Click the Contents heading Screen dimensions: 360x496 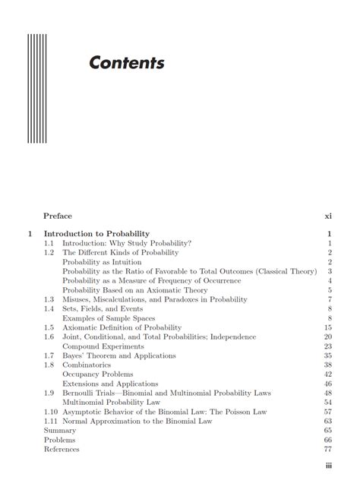click(x=126, y=62)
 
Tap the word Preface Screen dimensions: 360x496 click(x=58, y=216)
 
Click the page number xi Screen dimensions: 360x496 click(x=328, y=216)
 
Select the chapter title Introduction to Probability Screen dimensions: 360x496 click(x=96, y=233)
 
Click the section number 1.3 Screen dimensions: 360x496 click(x=49, y=299)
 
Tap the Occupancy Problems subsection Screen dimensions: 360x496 click(x=97, y=374)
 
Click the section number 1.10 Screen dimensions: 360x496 click(x=51, y=411)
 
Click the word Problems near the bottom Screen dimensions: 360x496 click(x=60, y=439)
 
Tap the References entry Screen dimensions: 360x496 click(x=62, y=449)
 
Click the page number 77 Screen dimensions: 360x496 click(x=328, y=449)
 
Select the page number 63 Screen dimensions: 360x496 click(x=328, y=421)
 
